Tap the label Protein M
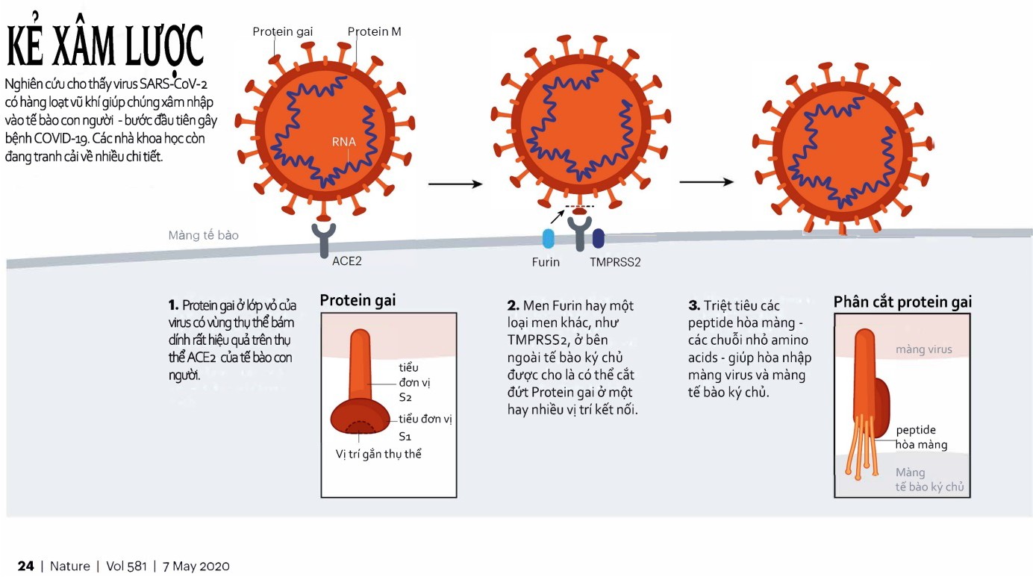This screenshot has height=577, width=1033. (x=374, y=31)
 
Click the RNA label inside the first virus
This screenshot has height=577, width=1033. (x=344, y=142)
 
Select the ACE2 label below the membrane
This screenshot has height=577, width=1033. (x=346, y=262)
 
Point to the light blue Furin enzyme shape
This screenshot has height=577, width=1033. (x=549, y=238)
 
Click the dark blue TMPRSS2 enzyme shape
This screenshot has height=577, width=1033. (x=598, y=238)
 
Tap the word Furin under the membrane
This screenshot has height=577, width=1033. (x=546, y=263)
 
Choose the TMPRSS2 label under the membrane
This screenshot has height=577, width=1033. (x=615, y=263)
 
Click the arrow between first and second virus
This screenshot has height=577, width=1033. (x=452, y=183)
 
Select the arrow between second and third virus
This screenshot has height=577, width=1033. (x=705, y=181)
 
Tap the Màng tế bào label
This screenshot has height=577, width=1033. (x=203, y=236)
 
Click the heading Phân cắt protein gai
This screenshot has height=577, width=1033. (x=902, y=302)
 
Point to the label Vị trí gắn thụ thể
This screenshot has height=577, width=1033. (x=378, y=453)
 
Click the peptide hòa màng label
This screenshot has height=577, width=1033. (x=921, y=437)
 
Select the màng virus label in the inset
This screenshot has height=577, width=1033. (x=924, y=349)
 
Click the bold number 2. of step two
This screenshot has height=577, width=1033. (x=513, y=306)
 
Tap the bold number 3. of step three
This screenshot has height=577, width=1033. (x=694, y=306)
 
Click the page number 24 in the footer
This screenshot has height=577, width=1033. (x=25, y=566)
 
